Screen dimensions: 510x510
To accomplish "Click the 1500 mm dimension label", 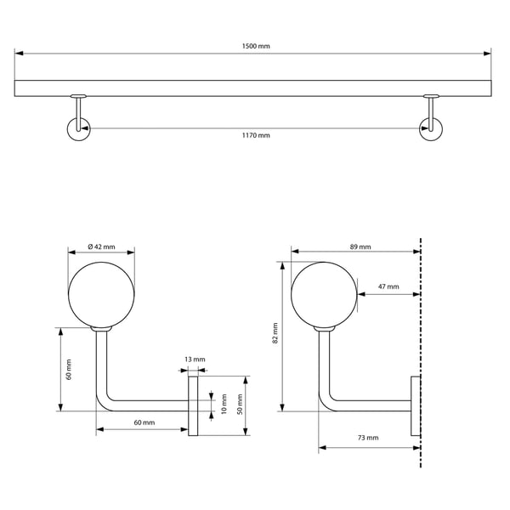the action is click(256, 46).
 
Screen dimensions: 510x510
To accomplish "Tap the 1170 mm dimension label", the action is click(256, 135).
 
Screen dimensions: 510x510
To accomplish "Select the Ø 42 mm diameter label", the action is click(101, 246).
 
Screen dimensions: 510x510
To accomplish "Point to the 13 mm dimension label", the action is click(195, 360).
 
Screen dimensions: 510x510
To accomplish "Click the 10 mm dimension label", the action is click(224, 404).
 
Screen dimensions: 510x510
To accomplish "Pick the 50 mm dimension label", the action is click(240, 404).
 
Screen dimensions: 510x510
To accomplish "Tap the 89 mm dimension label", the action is click(360, 246).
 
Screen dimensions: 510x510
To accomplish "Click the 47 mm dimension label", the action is click(388, 286).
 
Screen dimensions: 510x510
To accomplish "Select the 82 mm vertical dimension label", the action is click(275, 333).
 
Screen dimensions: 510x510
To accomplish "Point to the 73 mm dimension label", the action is click(368, 438).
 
